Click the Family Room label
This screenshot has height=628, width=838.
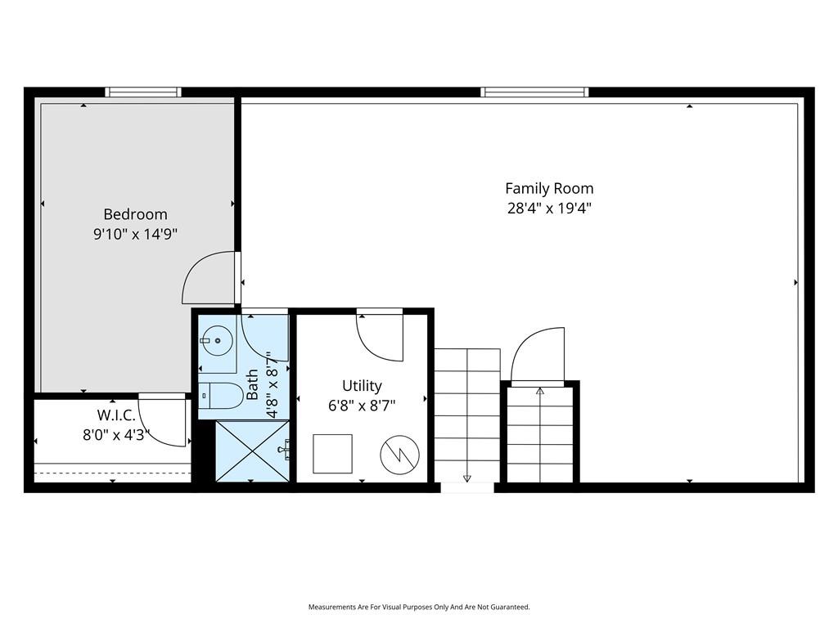coord(549,189)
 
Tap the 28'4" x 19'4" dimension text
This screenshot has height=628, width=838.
coord(549,208)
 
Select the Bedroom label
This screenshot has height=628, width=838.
coord(135,214)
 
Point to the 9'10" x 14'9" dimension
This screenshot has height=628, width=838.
coord(135,234)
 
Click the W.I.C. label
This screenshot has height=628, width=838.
coord(116,415)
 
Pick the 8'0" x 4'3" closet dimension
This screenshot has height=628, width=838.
coord(115,435)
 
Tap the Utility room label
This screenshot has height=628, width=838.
coord(362,386)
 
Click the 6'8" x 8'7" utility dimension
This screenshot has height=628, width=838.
coord(362,406)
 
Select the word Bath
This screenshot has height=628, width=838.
coord(252,384)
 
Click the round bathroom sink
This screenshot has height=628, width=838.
coord(218,340)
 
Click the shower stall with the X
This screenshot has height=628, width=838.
coord(252,451)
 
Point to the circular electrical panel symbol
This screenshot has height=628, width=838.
coord(399,455)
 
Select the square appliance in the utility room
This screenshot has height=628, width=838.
coord(332,454)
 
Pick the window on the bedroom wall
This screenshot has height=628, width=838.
coord(143,92)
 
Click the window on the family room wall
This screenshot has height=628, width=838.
coord(534,92)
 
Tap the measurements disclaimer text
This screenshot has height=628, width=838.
coord(419,608)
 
